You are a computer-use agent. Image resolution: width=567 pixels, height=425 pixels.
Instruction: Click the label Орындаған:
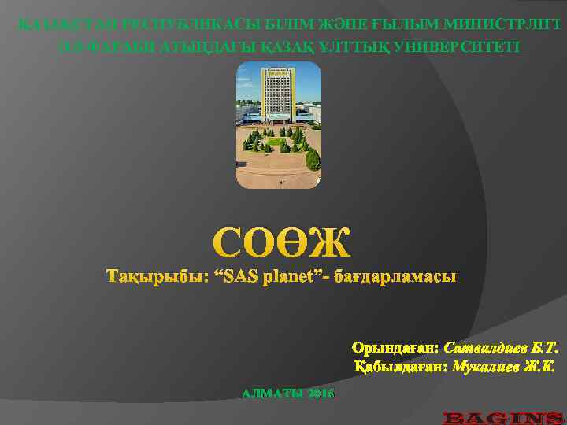395,348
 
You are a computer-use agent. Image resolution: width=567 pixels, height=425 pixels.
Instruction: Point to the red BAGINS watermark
502,416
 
